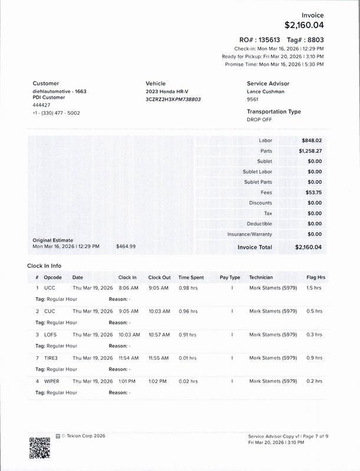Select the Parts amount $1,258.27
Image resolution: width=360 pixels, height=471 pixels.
(310, 151)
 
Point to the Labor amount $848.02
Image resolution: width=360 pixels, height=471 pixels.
(312, 140)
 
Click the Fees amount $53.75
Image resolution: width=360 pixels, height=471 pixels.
(313, 193)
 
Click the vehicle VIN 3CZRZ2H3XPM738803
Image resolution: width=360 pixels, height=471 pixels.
(173, 99)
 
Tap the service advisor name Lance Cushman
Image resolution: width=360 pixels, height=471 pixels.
(265, 92)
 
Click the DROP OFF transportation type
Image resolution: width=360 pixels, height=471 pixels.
(259, 120)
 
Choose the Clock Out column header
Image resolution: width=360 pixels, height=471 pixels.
(159, 277)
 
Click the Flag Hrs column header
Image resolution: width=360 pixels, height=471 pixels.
(315, 277)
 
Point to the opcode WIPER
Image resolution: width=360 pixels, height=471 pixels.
(52, 382)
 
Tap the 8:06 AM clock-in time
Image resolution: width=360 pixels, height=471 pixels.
(128, 288)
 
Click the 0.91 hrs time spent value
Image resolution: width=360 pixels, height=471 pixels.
(188, 334)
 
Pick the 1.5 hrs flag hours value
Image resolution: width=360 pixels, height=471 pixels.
(314, 288)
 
